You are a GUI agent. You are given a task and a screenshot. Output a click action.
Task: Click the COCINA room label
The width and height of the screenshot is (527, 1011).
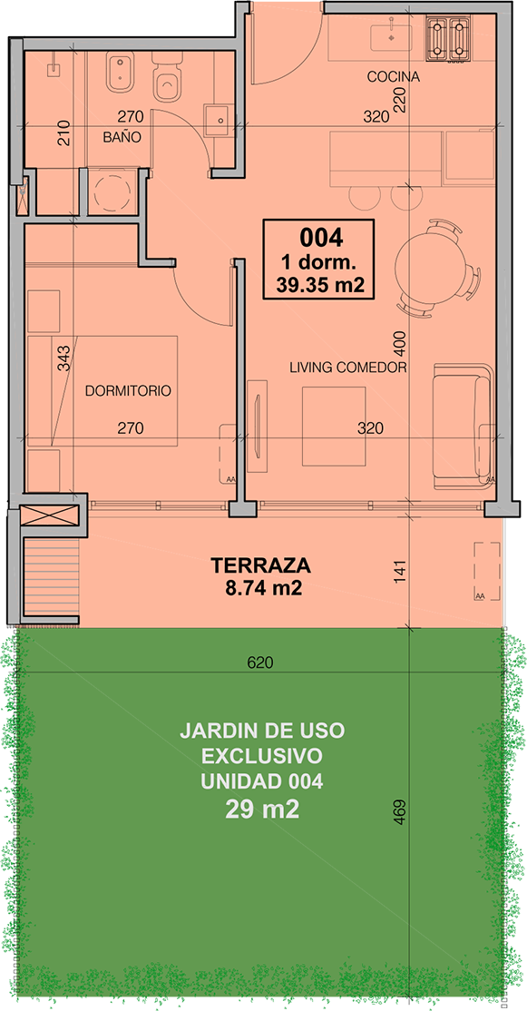[393, 77]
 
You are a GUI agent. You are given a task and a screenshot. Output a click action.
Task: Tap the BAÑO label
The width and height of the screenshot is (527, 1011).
[122, 137]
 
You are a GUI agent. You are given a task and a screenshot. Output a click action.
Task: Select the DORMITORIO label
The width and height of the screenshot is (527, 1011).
[128, 391]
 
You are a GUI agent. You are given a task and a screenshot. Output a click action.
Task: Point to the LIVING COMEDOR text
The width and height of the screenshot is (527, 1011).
[347, 368]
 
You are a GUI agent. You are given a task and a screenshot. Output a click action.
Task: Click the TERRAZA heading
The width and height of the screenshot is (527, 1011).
[261, 565]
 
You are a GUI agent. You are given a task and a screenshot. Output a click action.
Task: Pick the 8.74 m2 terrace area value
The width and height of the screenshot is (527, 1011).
[261, 587]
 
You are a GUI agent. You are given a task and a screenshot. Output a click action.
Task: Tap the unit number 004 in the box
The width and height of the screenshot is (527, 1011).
[320, 238]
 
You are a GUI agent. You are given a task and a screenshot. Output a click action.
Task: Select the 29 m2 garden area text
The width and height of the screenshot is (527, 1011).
[261, 810]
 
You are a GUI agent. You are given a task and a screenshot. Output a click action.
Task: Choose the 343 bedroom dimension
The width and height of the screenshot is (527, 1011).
[63, 359]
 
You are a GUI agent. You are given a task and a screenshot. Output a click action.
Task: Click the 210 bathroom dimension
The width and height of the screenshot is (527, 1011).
[63, 134]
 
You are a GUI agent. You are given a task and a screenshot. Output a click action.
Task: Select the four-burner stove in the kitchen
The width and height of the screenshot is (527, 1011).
[448, 39]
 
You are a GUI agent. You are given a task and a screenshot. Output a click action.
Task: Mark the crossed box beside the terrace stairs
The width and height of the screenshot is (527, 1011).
[50, 515]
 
